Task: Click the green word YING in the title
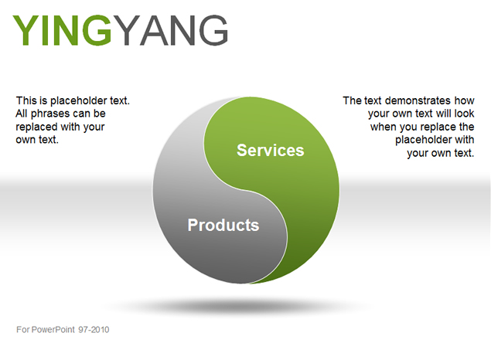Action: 62,30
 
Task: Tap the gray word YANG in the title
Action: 170,30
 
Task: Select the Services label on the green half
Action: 270,150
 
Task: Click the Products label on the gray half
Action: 223,225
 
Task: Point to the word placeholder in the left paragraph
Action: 79,100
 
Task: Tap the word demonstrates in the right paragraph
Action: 418,100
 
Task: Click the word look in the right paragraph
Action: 464,114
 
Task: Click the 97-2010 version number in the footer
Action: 94,330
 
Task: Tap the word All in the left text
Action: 22,114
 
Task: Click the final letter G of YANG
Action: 213,30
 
